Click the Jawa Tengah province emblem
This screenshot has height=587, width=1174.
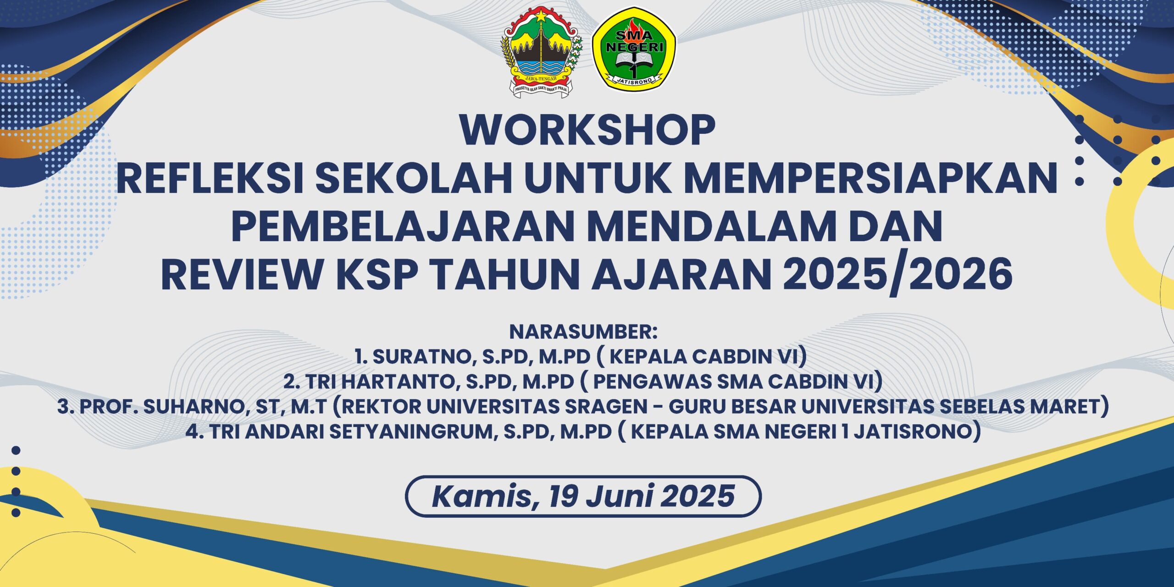click(541, 51)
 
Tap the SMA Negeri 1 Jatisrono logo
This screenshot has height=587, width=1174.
click(634, 49)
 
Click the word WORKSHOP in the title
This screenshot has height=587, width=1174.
click(587, 130)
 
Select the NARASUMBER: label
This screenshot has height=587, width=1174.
click(583, 332)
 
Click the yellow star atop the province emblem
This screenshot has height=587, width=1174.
click(541, 16)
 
